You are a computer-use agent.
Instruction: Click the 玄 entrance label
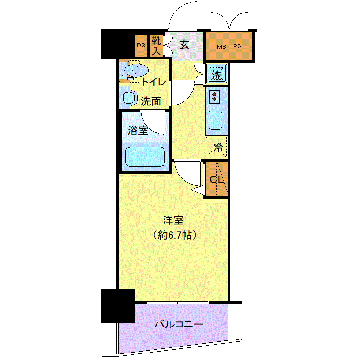pyautogui.click(x=184, y=45)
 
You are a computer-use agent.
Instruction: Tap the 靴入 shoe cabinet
pyautogui.click(x=157, y=46)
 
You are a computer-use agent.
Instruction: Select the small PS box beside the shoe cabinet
pyautogui.click(x=141, y=46)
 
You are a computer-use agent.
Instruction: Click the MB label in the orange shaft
pyautogui.click(x=222, y=46)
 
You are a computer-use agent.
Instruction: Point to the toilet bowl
pyautogui.click(x=137, y=70)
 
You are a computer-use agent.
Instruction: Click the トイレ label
pyautogui.click(x=154, y=82)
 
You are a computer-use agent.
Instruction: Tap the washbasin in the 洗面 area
pyautogui.click(x=129, y=98)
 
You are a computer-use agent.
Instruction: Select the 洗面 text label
pyautogui.click(x=151, y=101)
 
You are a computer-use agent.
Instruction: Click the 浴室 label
pyautogui.click(x=138, y=131)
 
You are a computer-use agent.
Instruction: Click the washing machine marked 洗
pyautogui.click(x=216, y=73)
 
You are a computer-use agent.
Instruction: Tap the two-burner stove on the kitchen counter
pyautogui.click(x=215, y=97)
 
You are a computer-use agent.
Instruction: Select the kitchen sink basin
pyautogui.click(x=216, y=120)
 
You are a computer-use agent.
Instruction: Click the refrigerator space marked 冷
pyautogui.click(x=216, y=147)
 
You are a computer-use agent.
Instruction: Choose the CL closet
pyautogui.click(x=216, y=179)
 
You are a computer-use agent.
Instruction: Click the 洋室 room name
pyautogui.click(x=173, y=220)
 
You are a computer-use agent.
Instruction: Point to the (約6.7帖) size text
pyautogui.click(x=175, y=235)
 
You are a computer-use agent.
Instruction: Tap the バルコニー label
pyautogui.click(x=179, y=324)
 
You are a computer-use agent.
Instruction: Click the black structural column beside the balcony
pyautogui.click(x=118, y=306)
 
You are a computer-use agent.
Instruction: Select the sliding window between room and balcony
pyautogui.click(x=177, y=303)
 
